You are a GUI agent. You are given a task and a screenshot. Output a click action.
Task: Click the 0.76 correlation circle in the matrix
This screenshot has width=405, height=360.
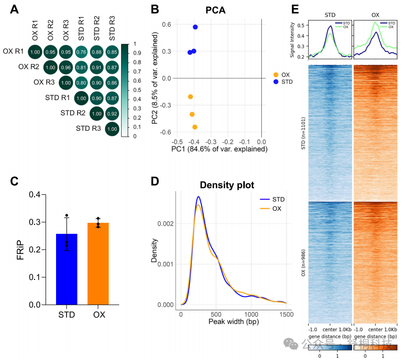coord(81,52)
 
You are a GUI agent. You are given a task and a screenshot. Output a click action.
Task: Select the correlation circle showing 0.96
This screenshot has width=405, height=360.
coord(66,67)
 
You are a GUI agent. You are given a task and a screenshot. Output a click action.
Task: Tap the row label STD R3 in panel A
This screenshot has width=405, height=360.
coord(89,129)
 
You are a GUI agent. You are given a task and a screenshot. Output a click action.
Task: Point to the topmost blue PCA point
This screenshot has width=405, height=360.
coord(195,27)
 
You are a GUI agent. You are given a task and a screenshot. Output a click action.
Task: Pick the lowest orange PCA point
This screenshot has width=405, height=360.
coord(195,127)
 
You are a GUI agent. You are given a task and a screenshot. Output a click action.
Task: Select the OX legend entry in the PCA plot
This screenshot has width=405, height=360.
coord(282,75)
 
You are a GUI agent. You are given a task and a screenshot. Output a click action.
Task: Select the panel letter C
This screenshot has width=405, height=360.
coord(15,181)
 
